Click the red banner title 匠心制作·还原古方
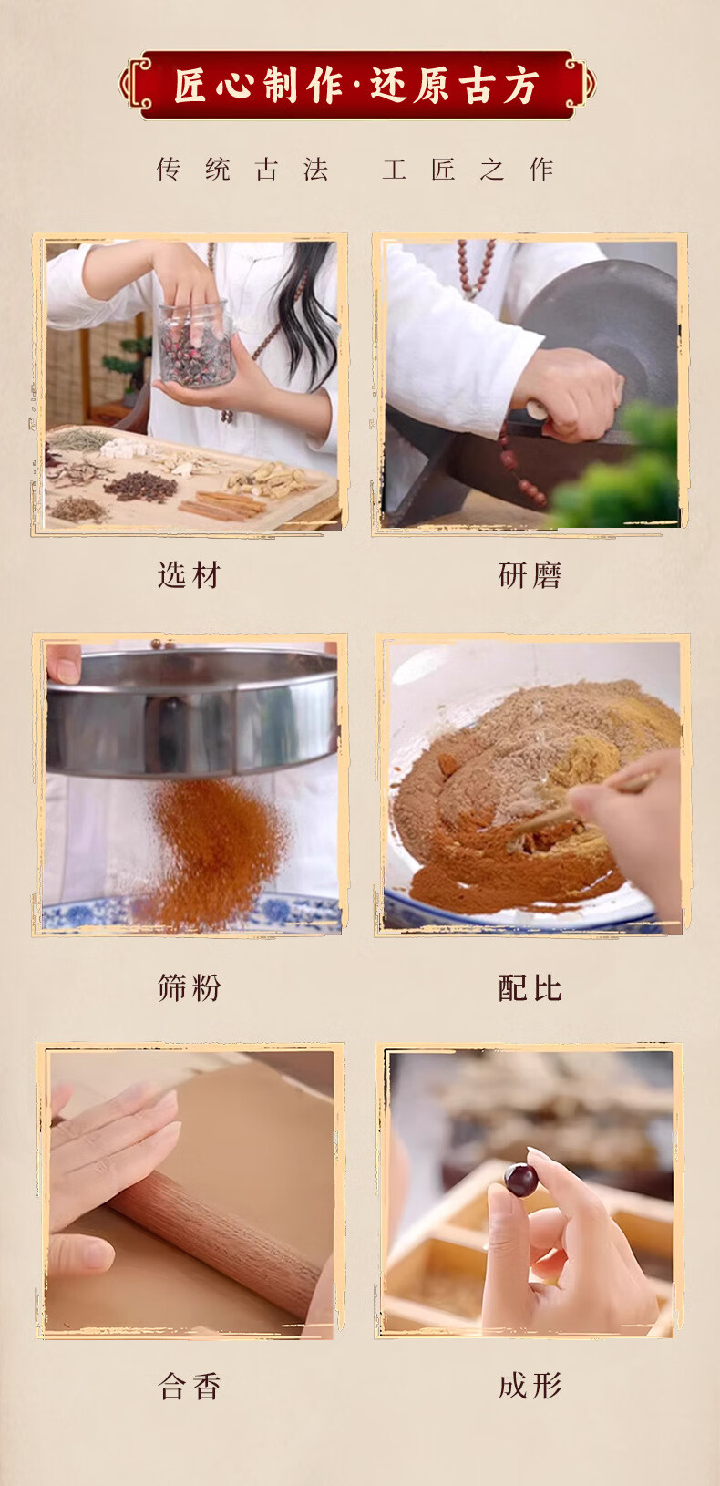click(x=357, y=87)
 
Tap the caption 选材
click(x=189, y=575)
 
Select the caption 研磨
click(x=530, y=575)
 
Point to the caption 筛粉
click(x=189, y=988)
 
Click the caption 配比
click(x=530, y=988)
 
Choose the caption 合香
click(x=189, y=1387)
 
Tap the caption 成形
click(x=530, y=1387)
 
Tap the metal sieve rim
click(x=192, y=710)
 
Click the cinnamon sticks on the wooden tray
click(x=222, y=504)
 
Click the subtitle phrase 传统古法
click(x=242, y=170)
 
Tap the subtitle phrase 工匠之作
click(x=468, y=170)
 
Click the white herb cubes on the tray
click(x=123, y=448)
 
